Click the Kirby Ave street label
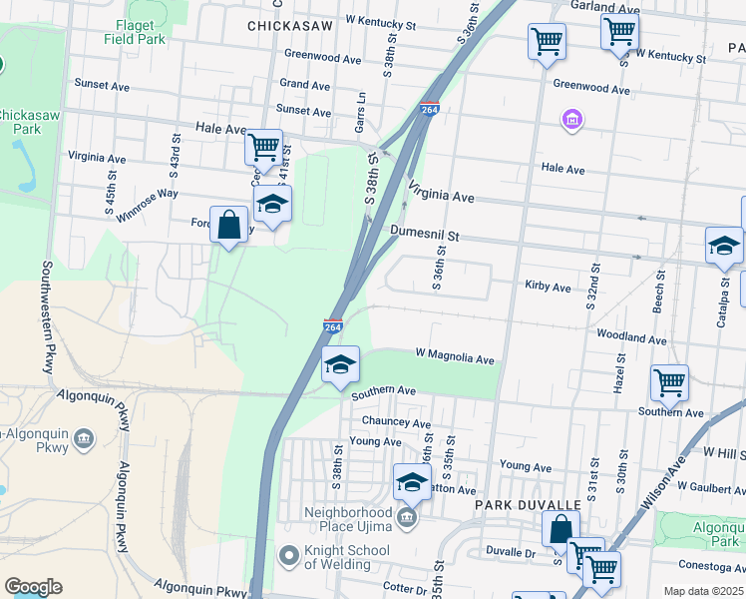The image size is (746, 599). click(x=548, y=287)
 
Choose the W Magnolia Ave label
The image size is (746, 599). click(x=455, y=357)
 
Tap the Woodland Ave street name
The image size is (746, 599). click(x=631, y=339)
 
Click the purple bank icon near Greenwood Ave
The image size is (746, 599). click(x=572, y=121)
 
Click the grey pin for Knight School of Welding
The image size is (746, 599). click(x=289, y=554)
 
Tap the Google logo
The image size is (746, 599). click(x=33, y=586)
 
